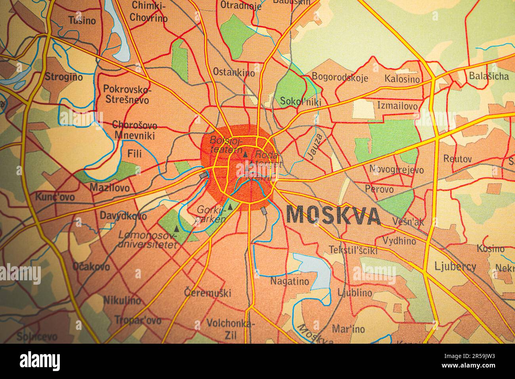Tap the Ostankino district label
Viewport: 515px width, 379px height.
pyautogui.click(x=233, y=72)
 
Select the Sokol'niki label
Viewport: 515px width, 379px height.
pyautogui.click(x=300, y=101)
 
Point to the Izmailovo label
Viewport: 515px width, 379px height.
pyautogui.click(x=397, y=106)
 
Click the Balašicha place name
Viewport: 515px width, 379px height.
pyautogui.click(x=488, y=76)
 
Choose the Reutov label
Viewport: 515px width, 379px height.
pyautogui.click(x=458, y=159)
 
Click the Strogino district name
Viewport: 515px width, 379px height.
pyautogui.click(x=64, y=77)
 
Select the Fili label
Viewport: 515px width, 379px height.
pyautogui.click(x=134, y=153)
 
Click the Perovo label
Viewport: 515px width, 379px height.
pyautogui.click(x=380, y=189)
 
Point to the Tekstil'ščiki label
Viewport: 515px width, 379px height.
pyautogui.click(x=353, y=250)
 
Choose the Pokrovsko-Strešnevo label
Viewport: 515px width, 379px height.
pyautogui.click(x=126, y=94)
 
